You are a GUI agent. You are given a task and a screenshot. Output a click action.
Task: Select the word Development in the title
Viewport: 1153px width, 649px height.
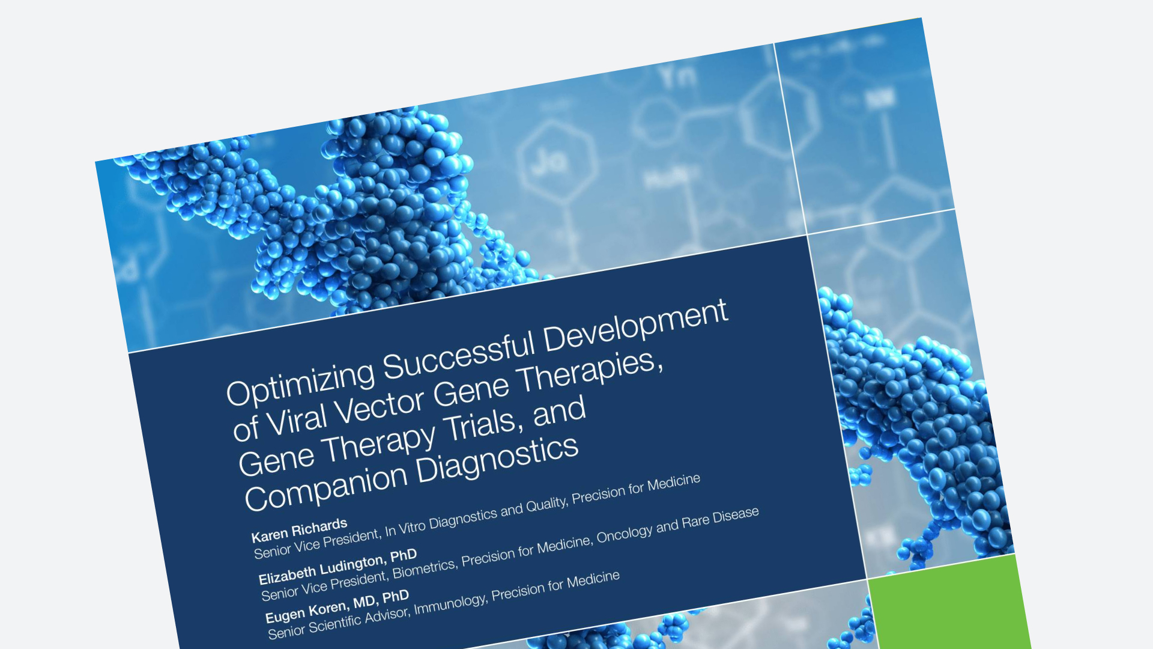pos(636,324)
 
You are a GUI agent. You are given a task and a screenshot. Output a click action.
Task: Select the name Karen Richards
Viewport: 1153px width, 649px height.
pos(299,530)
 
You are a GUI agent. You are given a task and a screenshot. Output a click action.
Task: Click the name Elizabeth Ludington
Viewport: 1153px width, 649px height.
pos(321,569)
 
